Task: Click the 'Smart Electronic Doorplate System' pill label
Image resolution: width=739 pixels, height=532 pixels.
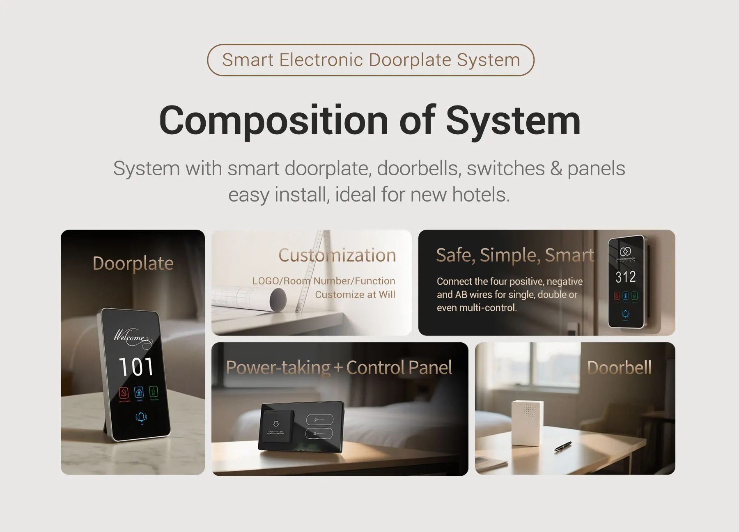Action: click(371, 60)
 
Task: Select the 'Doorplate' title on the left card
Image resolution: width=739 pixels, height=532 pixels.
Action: click(133, 263)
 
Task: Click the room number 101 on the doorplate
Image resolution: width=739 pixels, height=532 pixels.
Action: click(136, 367)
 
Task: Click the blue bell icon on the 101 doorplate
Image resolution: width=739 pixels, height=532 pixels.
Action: click(141, 417)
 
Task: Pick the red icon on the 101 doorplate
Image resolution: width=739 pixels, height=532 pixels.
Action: click(124, 393)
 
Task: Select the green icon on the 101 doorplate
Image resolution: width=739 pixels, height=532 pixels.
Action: click(153, 391)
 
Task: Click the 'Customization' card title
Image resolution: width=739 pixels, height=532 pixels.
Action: click(337, 255)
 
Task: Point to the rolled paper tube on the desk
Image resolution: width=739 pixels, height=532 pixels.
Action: click(271, 299)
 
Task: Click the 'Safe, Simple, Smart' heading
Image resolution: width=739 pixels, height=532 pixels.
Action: click(515, 255)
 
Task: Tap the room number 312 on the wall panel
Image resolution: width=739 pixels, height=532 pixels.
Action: click(625, 277)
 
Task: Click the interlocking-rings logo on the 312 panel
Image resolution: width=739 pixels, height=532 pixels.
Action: click(625, 251)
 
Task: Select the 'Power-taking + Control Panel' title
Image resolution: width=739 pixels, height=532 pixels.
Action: click(339, 367)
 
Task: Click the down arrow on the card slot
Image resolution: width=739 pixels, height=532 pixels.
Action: click(276, 424)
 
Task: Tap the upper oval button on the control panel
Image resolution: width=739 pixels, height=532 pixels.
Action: click(319, 420)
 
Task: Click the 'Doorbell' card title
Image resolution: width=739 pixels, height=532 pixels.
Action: click(619, 367)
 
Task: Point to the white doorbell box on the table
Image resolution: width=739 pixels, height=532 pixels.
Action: click(527, 423)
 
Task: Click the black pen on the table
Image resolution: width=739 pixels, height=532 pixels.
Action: click(563, 446)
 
